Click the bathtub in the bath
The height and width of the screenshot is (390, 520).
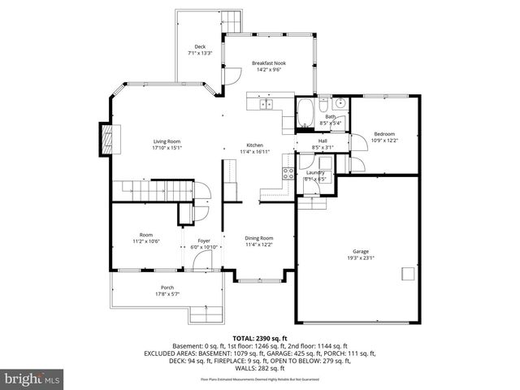coord(306,113)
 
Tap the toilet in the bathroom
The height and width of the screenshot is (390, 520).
coord(323,106)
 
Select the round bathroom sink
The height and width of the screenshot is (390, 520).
coord(340,104)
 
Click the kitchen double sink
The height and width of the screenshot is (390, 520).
coord(266,104)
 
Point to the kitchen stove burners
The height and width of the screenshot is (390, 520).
coord(288,172)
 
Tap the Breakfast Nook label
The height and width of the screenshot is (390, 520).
coord(268,63)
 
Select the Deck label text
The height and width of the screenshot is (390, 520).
coord(199,46)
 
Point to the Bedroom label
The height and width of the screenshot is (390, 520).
coord(383,134)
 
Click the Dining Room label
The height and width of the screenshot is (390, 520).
coord(258,238)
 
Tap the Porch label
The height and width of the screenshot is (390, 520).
coord(167,288)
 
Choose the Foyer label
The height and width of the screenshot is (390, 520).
coord(204,240)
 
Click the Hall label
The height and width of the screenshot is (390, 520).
coord(323,141)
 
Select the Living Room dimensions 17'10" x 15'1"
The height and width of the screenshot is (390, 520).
coord(167,149)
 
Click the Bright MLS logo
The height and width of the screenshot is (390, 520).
coord(32,379)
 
